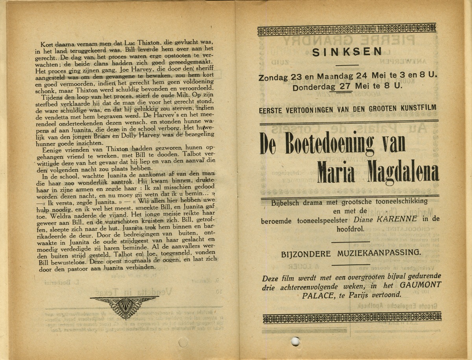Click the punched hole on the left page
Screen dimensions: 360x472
point(182,342)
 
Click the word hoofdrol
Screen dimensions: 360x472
point(349,228)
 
